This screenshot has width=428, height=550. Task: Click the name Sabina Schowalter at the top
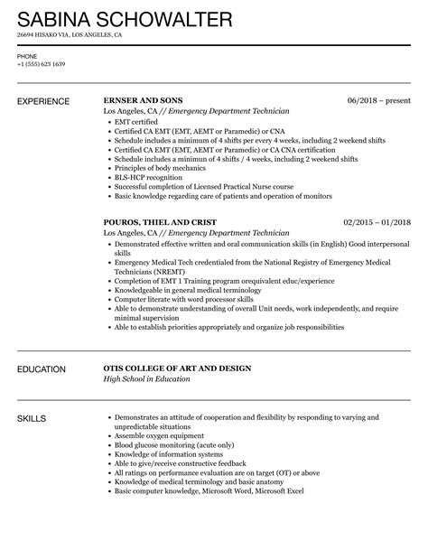pos(124,18)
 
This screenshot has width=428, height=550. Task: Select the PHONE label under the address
pos(27,54)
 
